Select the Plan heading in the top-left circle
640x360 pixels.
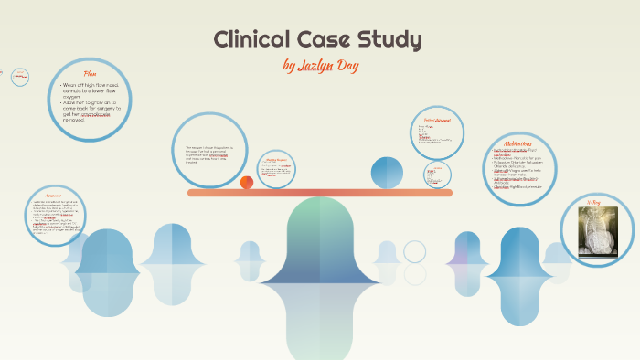[90, 73]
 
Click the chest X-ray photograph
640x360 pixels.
[597, 232]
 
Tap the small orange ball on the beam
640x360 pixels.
[247, 182]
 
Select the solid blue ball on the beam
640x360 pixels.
[387, 172]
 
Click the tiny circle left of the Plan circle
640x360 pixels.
[20, 78]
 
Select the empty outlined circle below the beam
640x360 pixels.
[415, 251]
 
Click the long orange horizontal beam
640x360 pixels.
[320, 193]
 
